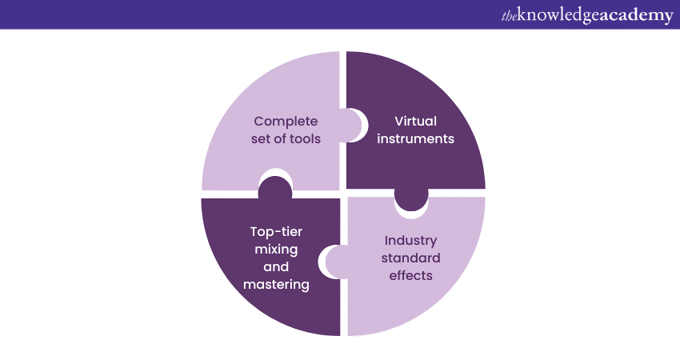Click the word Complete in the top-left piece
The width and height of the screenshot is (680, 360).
point(286,121)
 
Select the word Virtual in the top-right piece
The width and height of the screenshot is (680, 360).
point(415,121)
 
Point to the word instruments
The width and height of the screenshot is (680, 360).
point(415,138)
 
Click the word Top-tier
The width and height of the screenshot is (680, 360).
point(275,232)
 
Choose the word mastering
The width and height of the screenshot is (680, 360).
point(275,284)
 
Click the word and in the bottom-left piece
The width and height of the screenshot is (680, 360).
point(275,267)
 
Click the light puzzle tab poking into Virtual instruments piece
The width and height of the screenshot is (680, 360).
point(355,125)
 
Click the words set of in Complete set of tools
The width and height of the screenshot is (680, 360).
point(272,138)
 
